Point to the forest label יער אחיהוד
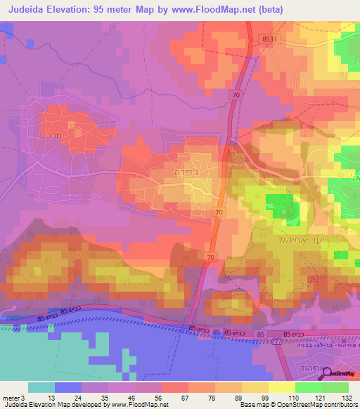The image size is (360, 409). tap(290, 237)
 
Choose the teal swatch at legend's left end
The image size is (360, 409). tap(41, 387)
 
